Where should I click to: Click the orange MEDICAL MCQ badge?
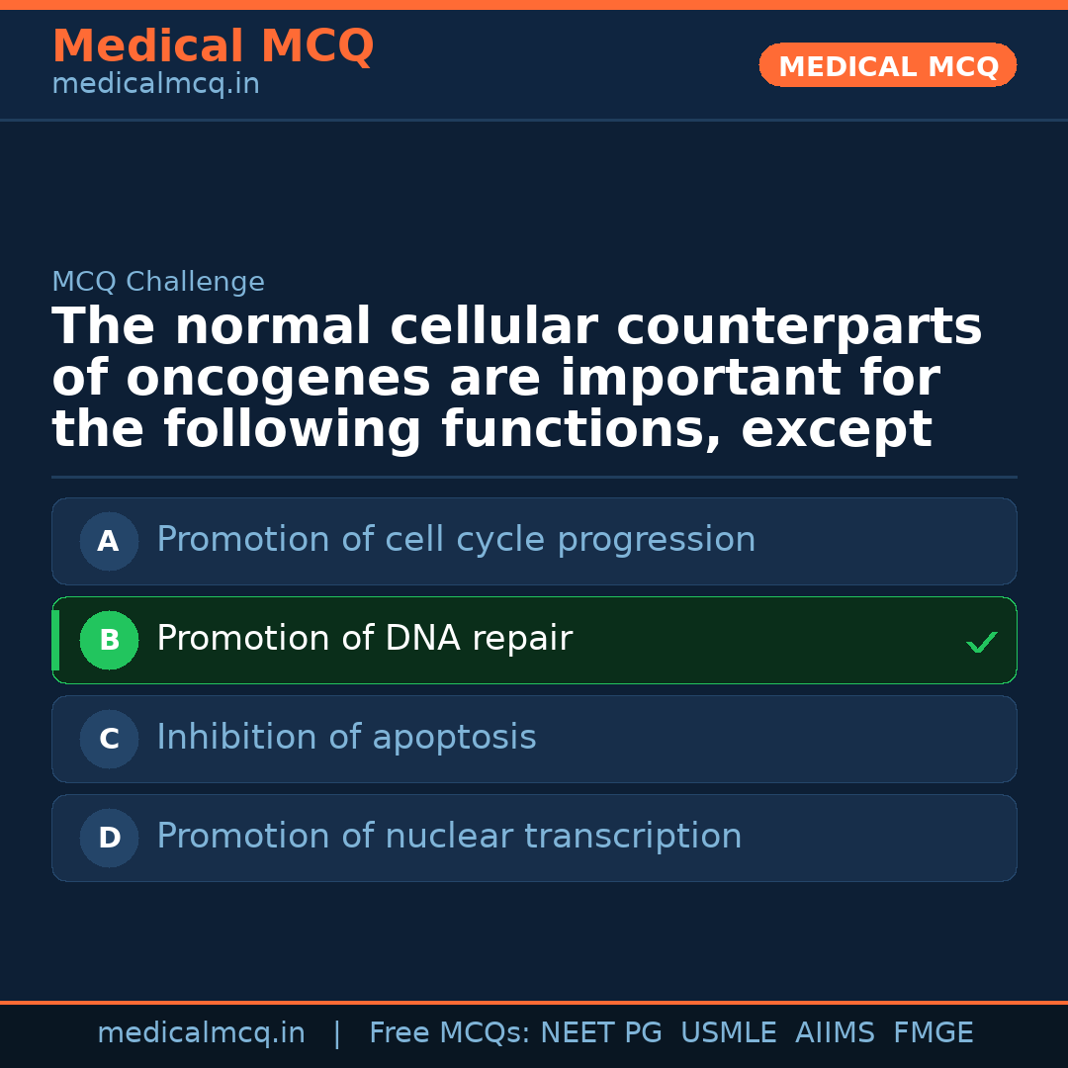pyautogui.click(x=887, y=65)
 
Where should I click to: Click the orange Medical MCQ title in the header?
pyautogui.click(x=214, y=45)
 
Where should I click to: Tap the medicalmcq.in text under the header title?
pyautogui.click(x=156, y=84)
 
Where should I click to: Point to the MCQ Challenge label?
pyautogui.click(x=158, y=281)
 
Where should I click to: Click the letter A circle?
pyautogui.click(x=109, y=542)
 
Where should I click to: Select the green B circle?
pyautogui.click(x=109, y=640)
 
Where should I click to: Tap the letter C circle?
pyautogui.click(x=109, y=739)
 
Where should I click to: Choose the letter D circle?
pyautogui.click(x=109, y=838)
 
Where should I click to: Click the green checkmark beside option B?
pyautogui.click(x=982, y=642)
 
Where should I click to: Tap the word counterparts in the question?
pyautogui.click(x=799, y=327)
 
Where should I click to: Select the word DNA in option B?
pyautogui.click(x=422, y=638)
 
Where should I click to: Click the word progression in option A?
pyautogui.click(x=657, y=541)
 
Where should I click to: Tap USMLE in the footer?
pyautogui.click(x=728, y=1032)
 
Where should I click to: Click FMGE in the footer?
pyautogui.click(x=934, y=1032)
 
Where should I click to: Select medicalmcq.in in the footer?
pyautogui.click(x=201, y=1033)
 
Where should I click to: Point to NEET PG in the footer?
pyautogui.click(x=601, y=1032)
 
